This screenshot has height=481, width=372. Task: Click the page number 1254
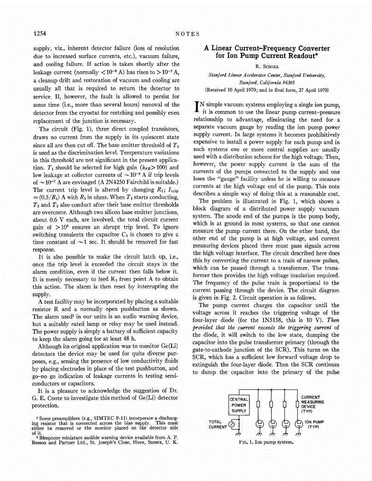click(x=41, y=33)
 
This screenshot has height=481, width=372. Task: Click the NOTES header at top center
click(x=187, y=33)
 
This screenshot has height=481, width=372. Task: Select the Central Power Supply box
click(x=239, y=405)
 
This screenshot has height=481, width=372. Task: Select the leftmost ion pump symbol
click(x=259, y=424)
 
